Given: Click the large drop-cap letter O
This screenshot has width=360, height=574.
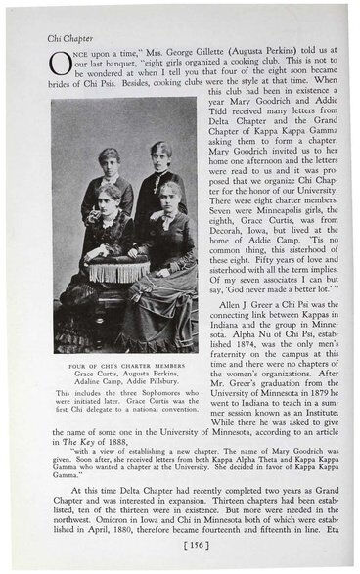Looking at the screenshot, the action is click(61, 64).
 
